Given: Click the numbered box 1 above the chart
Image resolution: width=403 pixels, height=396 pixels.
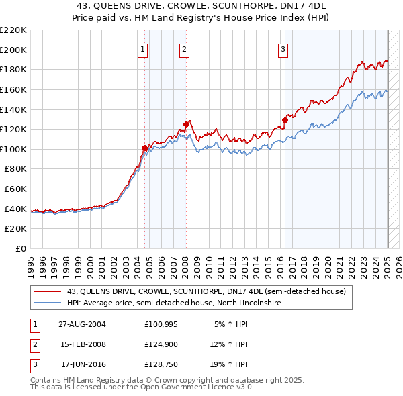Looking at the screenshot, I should point(144,49).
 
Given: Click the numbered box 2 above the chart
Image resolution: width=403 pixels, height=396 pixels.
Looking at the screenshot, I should point(184,49).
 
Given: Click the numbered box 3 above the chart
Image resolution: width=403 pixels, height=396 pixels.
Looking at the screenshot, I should point(283,49).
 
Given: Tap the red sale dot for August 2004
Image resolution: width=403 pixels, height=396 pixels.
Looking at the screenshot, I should point(144,148).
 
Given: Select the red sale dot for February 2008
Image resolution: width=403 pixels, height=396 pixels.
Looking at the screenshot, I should point(186,123).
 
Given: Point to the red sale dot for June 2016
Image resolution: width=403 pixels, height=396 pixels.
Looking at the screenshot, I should point(284,120).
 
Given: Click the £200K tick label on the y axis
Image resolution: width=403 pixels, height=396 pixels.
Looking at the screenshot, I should point(13,50).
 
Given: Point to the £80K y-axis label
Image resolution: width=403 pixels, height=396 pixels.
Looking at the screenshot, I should point(15,169).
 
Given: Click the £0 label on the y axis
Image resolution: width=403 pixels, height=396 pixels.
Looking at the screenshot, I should point(21,248).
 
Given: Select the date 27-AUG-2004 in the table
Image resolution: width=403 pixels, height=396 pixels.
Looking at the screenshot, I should point(82,324).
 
